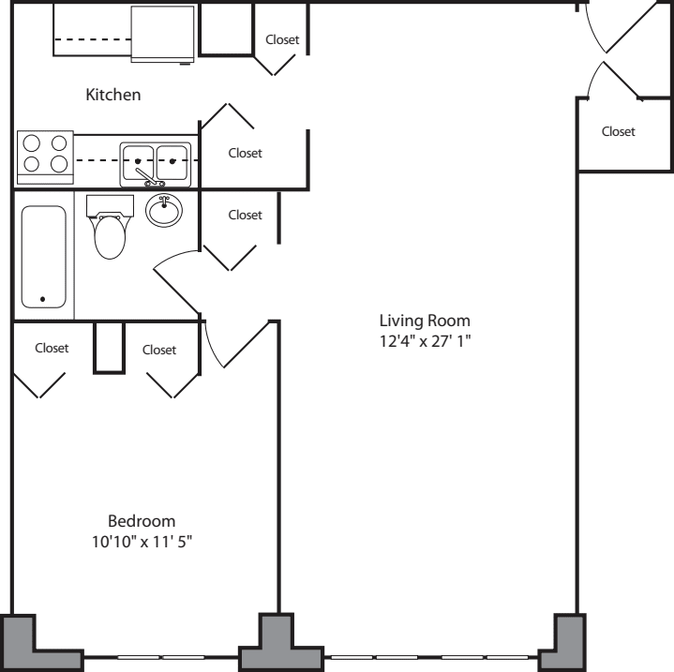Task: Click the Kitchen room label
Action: [113, 95]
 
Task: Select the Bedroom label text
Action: [142, 521]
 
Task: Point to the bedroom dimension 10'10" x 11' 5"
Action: [142, 542]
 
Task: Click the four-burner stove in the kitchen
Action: [46, 155]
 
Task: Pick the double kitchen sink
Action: [155, 162]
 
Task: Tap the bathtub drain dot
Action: [42, 300]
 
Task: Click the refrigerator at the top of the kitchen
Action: [163, 34]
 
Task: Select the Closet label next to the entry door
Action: [618, 132]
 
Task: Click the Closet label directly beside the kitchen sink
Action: [246, 153]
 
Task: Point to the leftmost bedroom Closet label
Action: [52, 348]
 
